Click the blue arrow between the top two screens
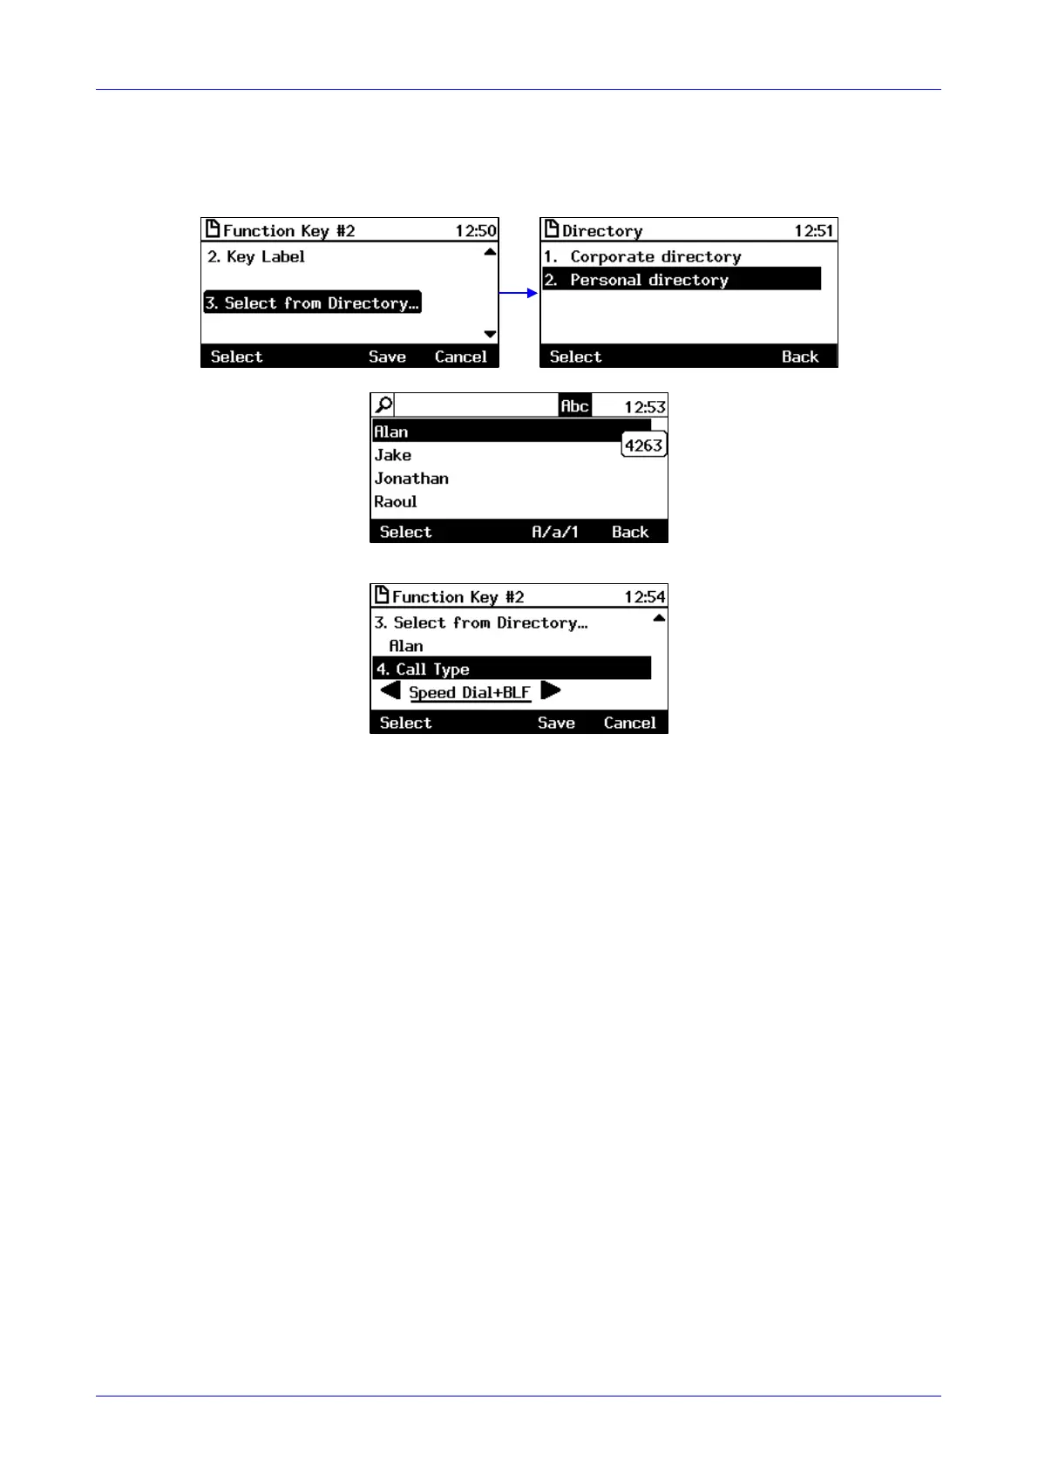tap(519, 293)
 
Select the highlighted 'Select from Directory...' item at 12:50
tap(313, 302)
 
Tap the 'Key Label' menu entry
tap(256, 256)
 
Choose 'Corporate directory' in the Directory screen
tap(655, 256)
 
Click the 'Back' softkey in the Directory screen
tap(799, 357)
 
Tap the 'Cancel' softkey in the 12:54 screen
tap(629, 723)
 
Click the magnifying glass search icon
tap(383, 405)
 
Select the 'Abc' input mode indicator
tap(574, 406)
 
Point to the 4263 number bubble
tap(643, 445)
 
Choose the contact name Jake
tap(393, 455)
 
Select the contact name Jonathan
tap(411, 479)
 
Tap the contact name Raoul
tap(396, 502)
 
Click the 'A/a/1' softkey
tap(555, 532)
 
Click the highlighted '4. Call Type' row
tap(512, 669)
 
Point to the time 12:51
tap(813, 231)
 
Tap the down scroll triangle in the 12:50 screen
tap(490, 334)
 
